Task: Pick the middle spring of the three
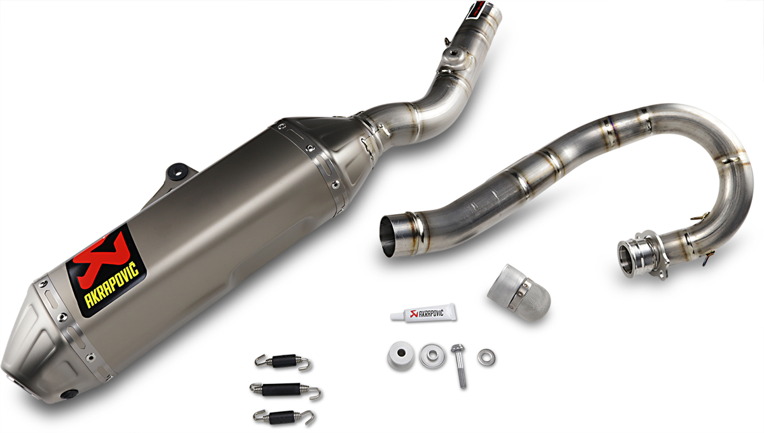pos(284,388)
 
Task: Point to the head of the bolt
pos(456,349)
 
